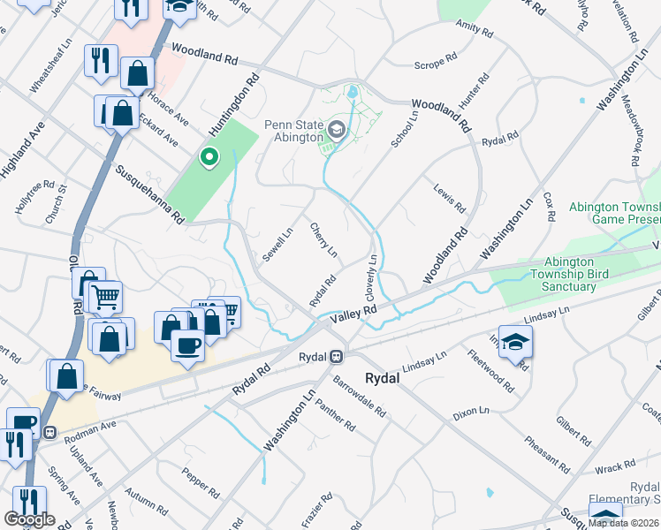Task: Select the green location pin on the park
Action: point(209,158)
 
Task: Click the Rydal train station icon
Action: point(336,356)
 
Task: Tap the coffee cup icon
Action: point(186,344)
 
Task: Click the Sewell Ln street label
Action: point(277,245)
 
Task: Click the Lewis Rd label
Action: point(449,199)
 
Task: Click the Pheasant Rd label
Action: point(545,450)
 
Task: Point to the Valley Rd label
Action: point(353,314)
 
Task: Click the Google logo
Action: point(29,519)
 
